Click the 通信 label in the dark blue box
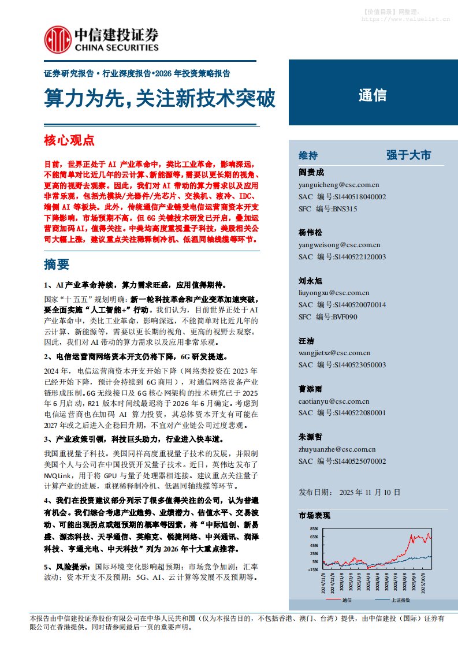[x=373, y=96]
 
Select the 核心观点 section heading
[x=69, y=140]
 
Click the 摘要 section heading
[x=57, y=265]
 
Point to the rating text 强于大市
[x=409, y=155]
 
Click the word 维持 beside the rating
[x=308, y=156]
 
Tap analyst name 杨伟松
[x=310, y=232]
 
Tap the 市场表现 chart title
[x=314, y=514]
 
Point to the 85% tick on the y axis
[x=314, y=528]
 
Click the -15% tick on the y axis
[x=313, y=569]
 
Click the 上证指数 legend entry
[x=400, y=600]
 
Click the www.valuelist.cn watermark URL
[x=406, y=19]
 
